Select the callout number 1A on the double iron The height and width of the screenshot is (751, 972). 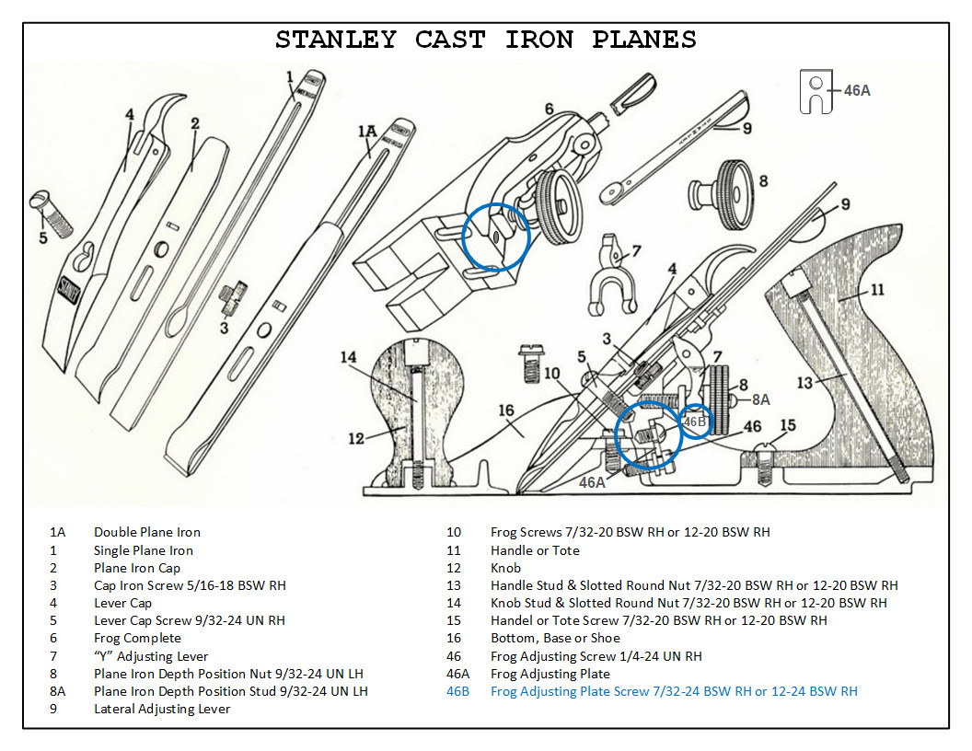(366, 132)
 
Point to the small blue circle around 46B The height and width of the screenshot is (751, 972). (696, 421)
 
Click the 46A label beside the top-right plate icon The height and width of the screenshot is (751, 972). (857, 90)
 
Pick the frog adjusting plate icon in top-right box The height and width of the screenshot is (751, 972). (816, 91)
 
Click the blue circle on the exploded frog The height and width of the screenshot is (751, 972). (496, 236)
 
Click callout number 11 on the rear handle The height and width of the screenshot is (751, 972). (876, 289)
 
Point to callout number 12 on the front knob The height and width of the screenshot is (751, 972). (357, 438)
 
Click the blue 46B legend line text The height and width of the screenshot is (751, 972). (673, 691)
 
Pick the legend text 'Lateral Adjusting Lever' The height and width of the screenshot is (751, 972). (161, 709)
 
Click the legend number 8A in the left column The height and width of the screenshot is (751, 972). (58, 691)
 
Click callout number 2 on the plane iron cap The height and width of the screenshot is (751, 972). (195, 122)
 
